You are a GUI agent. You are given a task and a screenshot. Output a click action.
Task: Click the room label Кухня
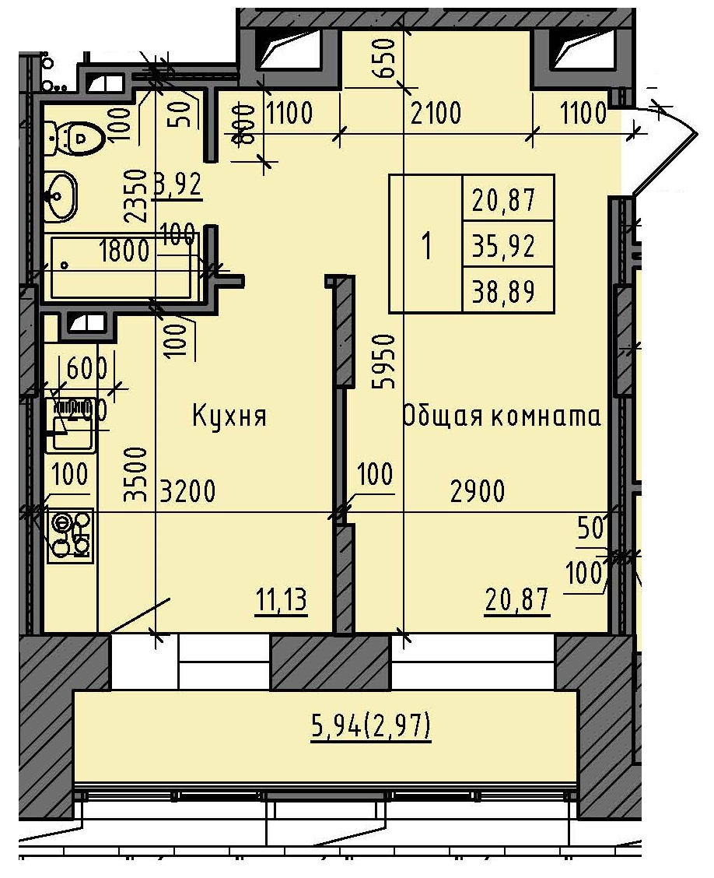[x=229, y=416]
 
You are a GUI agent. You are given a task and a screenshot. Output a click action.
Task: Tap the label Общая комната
[x=502, y=416]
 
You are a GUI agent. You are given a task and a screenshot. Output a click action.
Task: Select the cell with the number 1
[x=425, y=246]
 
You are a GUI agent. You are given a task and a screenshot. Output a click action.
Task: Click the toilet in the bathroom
[x=79, y=139]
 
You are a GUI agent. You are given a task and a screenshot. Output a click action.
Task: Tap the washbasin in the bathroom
[x=61, y=195]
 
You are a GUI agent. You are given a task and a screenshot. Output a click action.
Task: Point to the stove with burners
[x=70, y=535]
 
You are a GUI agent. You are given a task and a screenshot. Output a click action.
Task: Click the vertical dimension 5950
[x=387, y=361]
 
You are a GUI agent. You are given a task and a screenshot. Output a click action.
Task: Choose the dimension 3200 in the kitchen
[x=187, y=492]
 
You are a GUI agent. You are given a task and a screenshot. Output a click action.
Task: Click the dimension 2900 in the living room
[x=478, y=492]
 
